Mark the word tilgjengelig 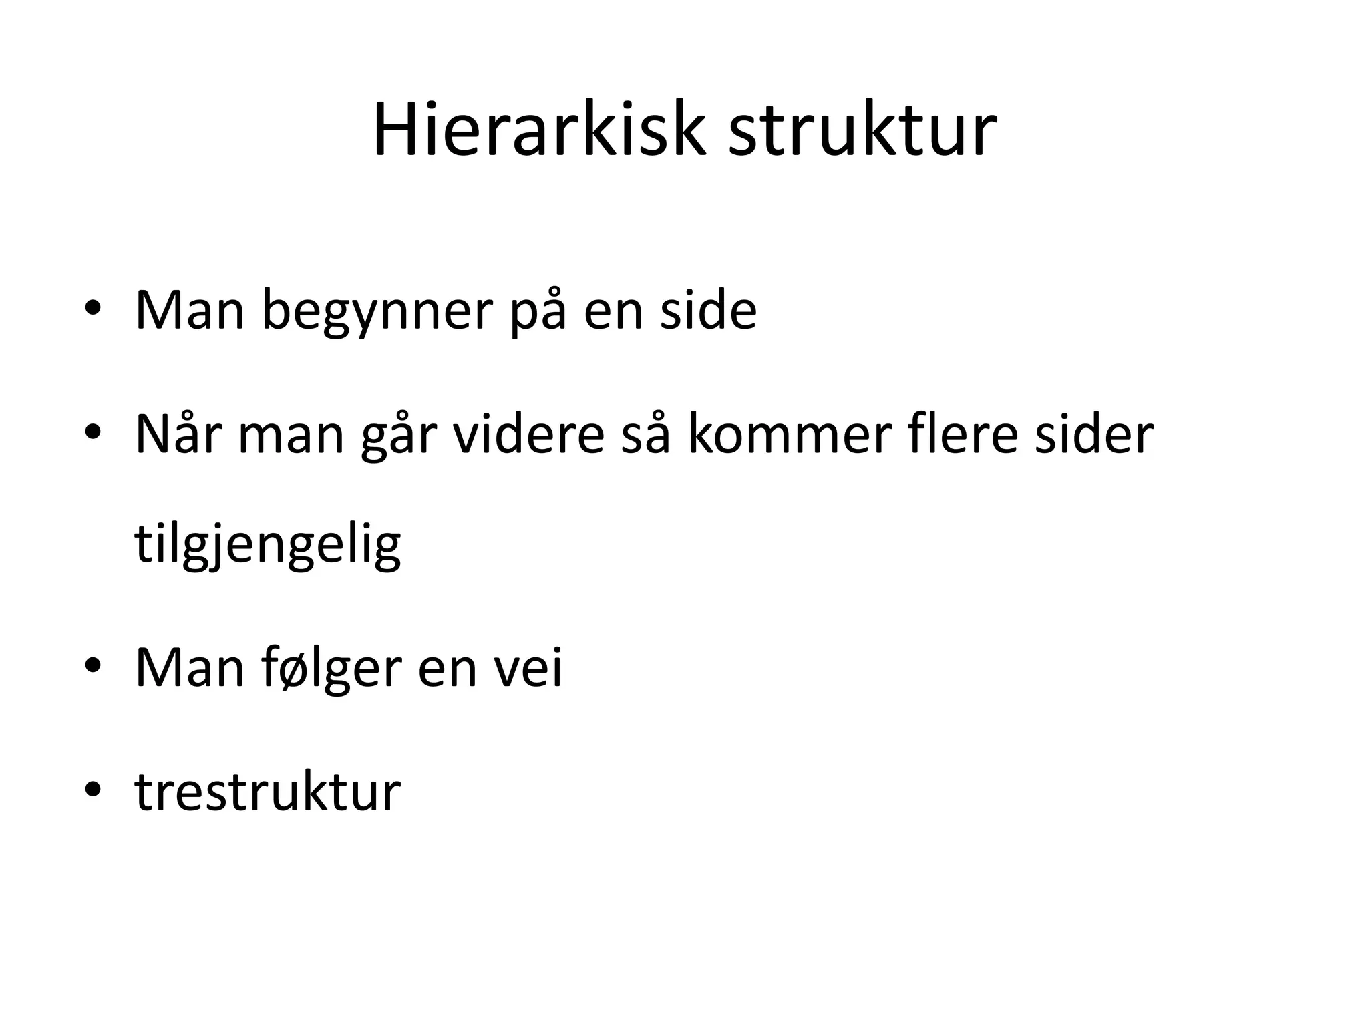click(268, 544)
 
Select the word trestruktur click(268, 792)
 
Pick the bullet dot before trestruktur click(92, 789)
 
